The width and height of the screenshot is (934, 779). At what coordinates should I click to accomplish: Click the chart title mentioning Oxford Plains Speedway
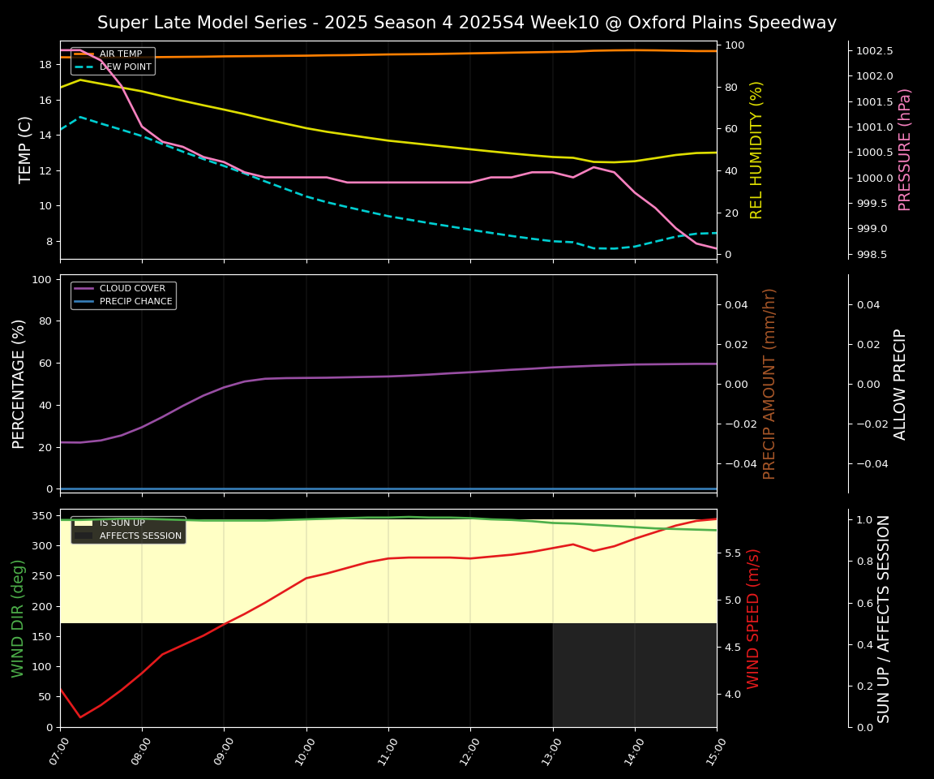(x=466, y=23)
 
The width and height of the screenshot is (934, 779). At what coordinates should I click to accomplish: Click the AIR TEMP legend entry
(x=120, y=54)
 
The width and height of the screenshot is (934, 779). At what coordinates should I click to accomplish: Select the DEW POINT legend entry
(x=125, y=67)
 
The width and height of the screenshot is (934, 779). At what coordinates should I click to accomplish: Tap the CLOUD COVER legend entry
(x=131, y=289)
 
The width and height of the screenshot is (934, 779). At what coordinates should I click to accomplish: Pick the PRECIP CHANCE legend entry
(x=135, y=302)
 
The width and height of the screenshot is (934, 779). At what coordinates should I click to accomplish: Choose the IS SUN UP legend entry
(x=122, y=523)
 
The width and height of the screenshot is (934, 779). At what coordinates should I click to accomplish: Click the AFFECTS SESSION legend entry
(x=139, y=536)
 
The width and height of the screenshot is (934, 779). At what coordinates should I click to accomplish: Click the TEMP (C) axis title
(x=26, y=149)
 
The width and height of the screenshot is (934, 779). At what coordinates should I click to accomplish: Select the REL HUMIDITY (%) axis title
(x=757, y=149)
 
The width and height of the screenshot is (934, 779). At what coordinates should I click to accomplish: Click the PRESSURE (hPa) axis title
(x=905, y=149)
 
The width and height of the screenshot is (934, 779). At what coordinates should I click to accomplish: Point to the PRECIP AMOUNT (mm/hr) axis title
(x=770, y=383)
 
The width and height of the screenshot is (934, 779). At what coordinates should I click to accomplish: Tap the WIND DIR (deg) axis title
(x=18, y=618)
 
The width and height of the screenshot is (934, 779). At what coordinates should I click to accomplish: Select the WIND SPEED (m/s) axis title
(x=754, y=618)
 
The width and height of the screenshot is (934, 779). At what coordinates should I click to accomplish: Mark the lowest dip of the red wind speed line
(x=80, y=717)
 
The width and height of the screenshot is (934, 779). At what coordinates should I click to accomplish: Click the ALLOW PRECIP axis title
(x=900, y=383)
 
